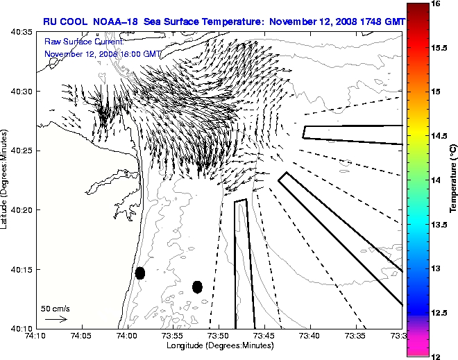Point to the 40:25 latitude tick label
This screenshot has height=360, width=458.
click(24, 151)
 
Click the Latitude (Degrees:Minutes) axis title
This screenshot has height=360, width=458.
click(6, 180)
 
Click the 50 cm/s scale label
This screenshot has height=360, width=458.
click(55, 308)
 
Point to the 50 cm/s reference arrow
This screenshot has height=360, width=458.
click(55, 319)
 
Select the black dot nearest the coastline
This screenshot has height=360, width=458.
click(139, 273)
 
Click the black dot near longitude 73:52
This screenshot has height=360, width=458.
click(197, 286)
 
